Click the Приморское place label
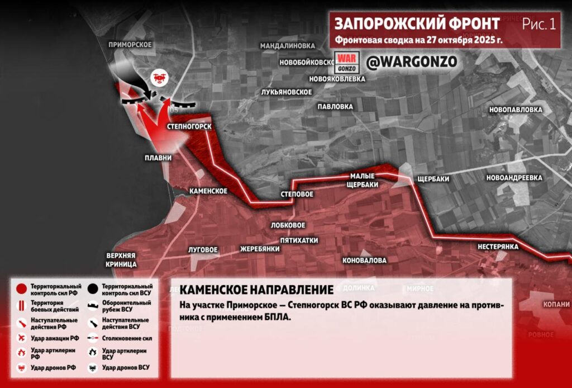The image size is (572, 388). tap(131, 45)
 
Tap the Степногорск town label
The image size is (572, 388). tap(189, 127)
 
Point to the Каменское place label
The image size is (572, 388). tap(208, 191)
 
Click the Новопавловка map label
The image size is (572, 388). tap(516, 110)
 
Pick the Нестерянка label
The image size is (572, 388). tap(498, 247)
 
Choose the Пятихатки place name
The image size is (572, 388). tap(299, 240)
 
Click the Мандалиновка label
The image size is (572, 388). tap(288, 46)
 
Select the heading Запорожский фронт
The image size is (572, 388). tap(417, 23)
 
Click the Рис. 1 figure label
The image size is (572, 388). tap(539, 24)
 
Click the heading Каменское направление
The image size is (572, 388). tap(256, 290)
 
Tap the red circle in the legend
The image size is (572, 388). tap(21, 290)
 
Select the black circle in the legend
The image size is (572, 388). tap(92, 290)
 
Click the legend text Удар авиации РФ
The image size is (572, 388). tap(55, 338)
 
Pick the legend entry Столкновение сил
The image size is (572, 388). tap(127, 338)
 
